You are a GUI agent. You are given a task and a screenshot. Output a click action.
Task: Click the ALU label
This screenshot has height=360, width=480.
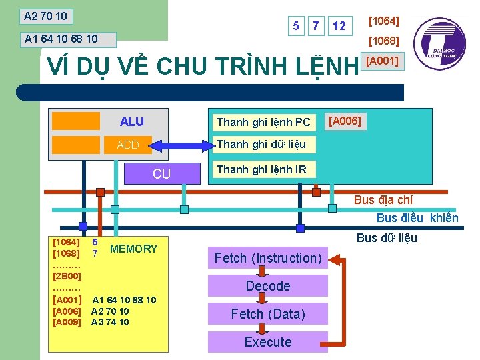[131, 121]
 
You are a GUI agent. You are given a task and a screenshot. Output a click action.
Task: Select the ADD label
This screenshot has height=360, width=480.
[127, 145]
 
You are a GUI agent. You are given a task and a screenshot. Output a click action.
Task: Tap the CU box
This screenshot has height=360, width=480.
[162, 174]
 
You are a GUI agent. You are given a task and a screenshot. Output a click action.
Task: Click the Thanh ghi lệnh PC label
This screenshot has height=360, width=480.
[263, 122]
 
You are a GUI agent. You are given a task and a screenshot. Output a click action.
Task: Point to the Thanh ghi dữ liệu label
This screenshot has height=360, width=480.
[261, 144]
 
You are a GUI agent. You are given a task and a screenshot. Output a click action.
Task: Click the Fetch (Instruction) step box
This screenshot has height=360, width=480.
[268, 258]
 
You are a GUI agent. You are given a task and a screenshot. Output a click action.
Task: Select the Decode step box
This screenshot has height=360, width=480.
[268, 286]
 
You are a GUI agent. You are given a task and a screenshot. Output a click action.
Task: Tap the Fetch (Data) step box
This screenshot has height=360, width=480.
[268, 314]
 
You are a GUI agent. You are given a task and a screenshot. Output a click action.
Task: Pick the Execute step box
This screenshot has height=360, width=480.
[268, 342]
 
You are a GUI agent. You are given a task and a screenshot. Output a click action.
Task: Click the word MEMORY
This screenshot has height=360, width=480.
[133, 249]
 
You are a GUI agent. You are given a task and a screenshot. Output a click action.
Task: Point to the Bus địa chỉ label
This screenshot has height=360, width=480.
[383, 200]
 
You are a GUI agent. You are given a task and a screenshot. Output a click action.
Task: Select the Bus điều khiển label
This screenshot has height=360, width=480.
[417, 218]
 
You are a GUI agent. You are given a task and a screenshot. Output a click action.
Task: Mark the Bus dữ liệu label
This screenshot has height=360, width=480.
[387, 238]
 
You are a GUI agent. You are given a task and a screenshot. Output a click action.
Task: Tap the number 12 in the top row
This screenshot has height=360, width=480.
[339, 26]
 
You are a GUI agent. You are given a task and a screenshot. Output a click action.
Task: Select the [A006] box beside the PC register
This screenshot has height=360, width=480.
[345, 121]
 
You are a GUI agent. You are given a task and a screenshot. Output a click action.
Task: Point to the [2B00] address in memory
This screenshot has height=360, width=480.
[67, 275]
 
